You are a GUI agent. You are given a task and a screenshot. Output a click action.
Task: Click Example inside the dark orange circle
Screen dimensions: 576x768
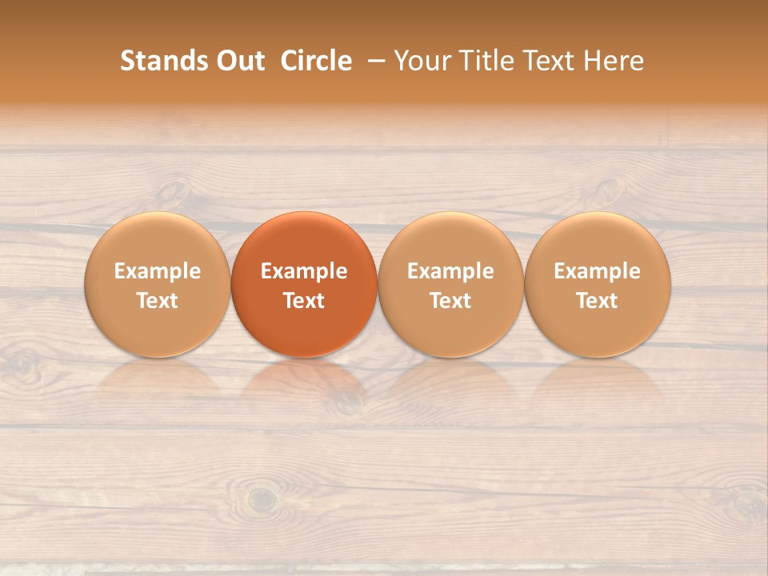[x=304, y=271]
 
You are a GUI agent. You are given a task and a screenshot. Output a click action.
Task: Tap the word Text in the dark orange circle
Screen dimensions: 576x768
[x=304, y=301]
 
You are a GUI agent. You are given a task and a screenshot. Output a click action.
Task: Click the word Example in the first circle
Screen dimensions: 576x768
[x=158, y=271]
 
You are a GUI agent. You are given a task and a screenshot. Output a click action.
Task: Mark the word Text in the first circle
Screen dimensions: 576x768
[x=158, y=301]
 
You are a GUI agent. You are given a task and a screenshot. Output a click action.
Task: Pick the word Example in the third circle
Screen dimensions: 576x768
[x=450, y=271]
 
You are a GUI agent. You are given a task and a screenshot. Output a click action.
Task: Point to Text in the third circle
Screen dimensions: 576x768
[x=450, y=301]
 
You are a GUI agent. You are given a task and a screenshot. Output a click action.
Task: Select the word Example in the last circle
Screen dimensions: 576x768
[x=598, y=271]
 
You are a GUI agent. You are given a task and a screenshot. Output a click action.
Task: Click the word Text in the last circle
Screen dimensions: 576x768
[x=598, y=301]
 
